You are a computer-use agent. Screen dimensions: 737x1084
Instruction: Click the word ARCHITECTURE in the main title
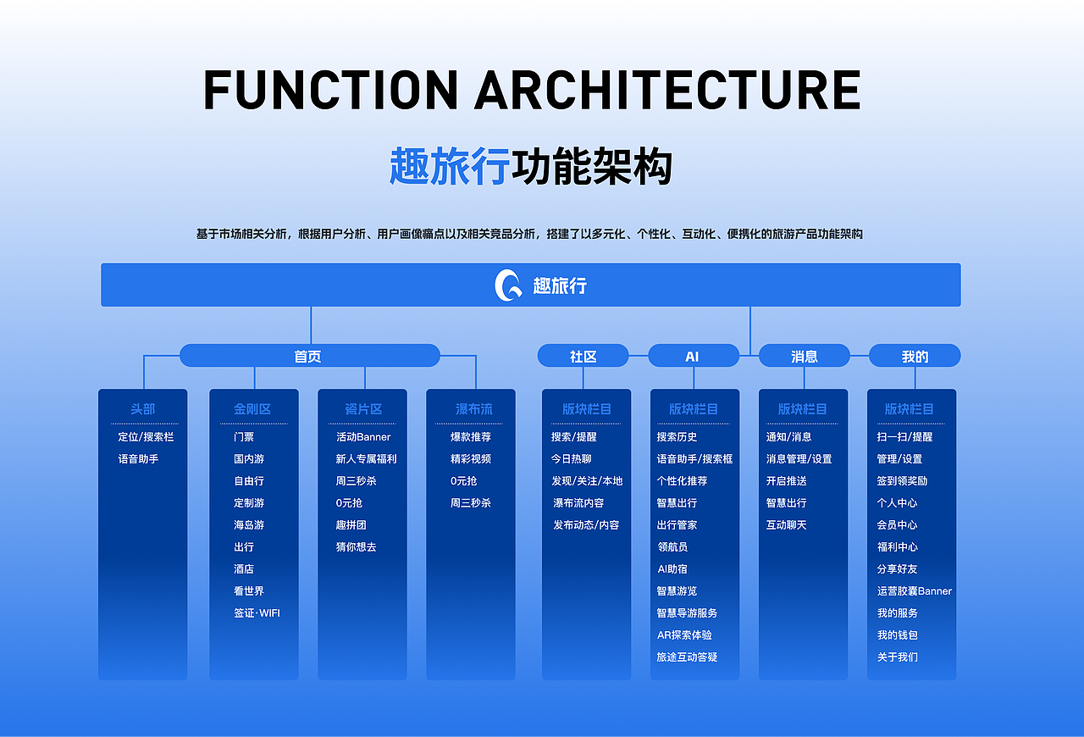[x=667, y=91]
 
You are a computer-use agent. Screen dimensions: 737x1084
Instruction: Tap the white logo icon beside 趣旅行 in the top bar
[x=508, y=285]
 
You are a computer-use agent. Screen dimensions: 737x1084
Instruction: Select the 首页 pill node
[x=309, y=356]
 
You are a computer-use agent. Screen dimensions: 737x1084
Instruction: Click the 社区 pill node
[x=583, y=356]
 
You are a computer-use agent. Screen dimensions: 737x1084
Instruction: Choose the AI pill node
[x=693, y=356]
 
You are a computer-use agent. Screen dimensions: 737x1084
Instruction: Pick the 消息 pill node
[x=804, y=356]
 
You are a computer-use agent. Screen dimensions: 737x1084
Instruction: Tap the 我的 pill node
[x=915, y=356]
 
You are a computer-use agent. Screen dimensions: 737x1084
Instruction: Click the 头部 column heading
[x=143, y=408]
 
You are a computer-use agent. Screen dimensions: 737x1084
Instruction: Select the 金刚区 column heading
[x=252, y=408]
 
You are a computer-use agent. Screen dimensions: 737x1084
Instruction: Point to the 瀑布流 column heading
[x=473, y=408]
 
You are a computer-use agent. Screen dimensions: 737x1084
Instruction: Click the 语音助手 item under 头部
[x=138, y=459]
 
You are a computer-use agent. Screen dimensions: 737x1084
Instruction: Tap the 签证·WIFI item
[x=257, y=613]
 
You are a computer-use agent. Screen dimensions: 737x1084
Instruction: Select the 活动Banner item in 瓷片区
[x=363, y=437]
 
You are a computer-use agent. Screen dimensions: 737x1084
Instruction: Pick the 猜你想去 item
[x=356, y=547]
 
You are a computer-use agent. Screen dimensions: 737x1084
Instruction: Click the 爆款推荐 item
[x=470, y=437]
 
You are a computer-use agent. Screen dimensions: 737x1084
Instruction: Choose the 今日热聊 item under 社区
[x=571, y=459]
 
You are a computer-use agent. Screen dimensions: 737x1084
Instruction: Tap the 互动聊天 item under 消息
[x=786, y=525]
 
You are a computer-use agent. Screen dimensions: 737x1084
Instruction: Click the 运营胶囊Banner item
[x=914, y=591]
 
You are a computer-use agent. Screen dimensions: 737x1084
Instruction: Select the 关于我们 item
[x=897, y=657]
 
